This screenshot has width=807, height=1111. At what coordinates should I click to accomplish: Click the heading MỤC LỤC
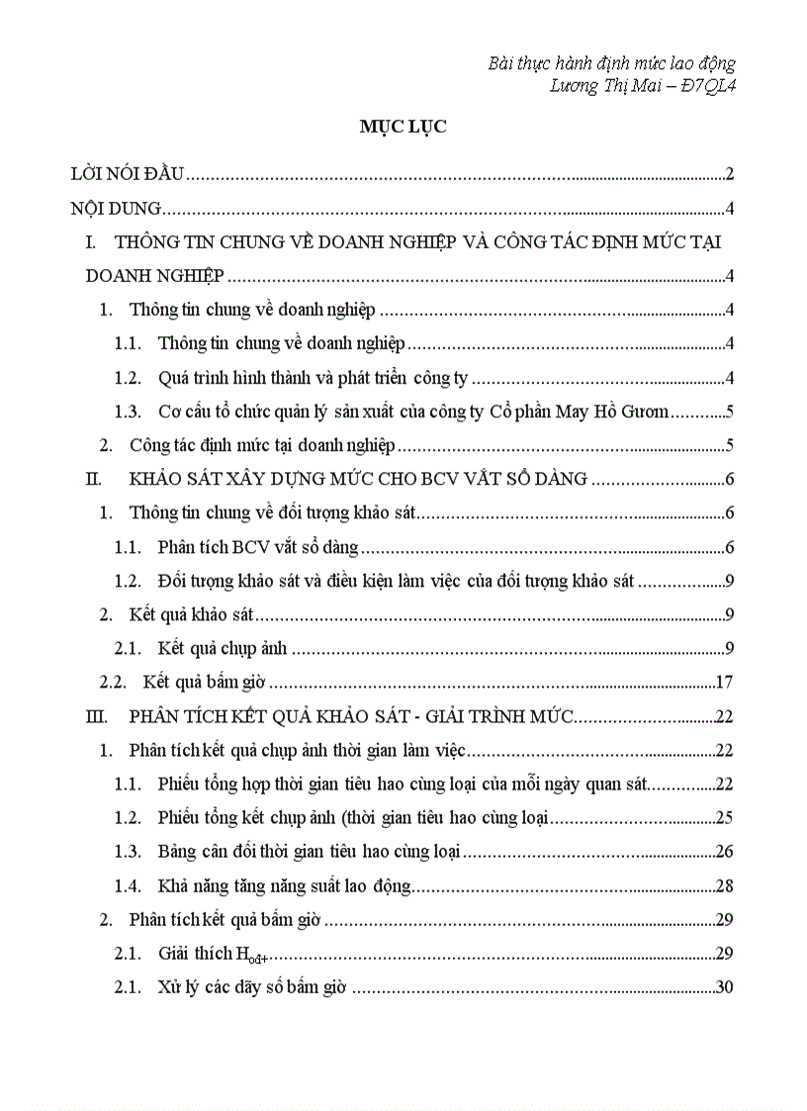click(x=403, y=127)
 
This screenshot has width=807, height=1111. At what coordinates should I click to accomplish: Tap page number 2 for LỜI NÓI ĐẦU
click(x=729, y=175)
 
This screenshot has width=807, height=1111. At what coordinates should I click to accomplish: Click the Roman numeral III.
click(x=96, y=716)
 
